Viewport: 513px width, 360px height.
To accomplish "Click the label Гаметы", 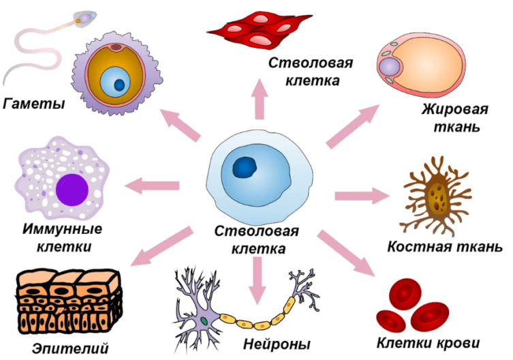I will point(34,104).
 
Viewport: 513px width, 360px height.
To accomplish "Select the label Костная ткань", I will point(445,246).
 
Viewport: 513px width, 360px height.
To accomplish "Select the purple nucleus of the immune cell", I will point(72,188).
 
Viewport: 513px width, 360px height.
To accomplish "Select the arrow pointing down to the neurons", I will point(257,279).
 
